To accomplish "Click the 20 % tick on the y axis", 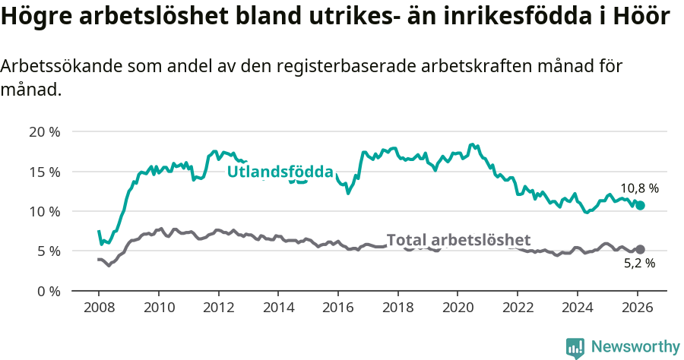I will (45, 131).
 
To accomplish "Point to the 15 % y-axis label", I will (45, 172).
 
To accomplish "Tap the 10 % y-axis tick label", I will (45, 211).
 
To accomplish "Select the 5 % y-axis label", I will (48, 251).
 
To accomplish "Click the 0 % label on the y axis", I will (48, 291).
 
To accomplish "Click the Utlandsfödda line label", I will (280, 172).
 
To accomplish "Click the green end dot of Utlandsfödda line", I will (641, 205).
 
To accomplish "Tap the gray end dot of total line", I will (641, 249).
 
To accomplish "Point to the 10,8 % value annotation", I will (639, 188).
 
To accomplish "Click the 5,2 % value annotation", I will (639, 264).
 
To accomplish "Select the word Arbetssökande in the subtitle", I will (63, 67).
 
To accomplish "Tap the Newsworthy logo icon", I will (575, 347).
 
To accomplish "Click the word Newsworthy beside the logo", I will (635, 347).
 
